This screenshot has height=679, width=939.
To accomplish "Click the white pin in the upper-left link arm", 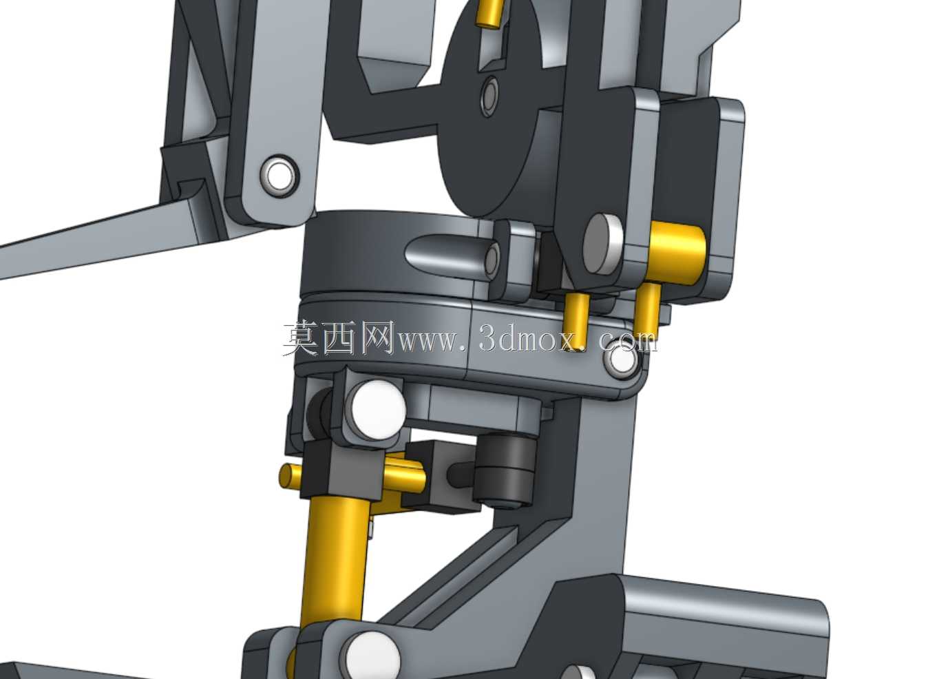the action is [280, 176].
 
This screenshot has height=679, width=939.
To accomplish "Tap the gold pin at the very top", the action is [490, 12].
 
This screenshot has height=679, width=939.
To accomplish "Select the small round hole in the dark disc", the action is [489, 96].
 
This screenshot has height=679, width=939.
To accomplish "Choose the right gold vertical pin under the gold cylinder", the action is [646, 311].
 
